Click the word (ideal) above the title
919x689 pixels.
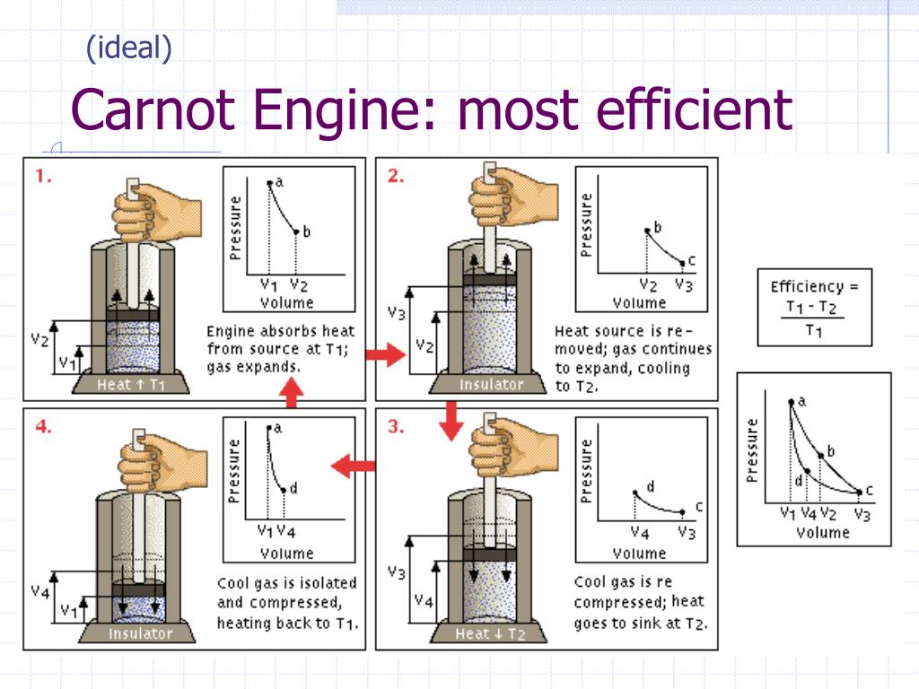point(128,48)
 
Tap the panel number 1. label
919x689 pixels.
point(43,177)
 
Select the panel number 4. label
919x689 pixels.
point(43,427)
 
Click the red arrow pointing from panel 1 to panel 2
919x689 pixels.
point(386,356)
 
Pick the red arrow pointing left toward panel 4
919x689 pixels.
point(353,466)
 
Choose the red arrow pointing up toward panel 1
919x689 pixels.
point(290,391)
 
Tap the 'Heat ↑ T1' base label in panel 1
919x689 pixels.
point(133,385)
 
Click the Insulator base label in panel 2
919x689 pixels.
point(491,385)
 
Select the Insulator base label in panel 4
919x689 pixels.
point(139,634)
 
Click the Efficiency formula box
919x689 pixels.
point(814,308)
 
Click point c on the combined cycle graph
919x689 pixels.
point(860,492)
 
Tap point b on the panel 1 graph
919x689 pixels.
point(297,232)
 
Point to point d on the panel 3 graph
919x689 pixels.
point(635,493)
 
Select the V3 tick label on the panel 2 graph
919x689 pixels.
point(684,286)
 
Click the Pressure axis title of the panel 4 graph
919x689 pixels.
point(235,471)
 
